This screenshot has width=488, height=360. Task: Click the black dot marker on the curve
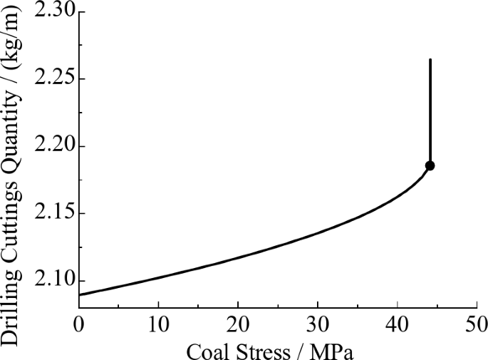click(430, 165)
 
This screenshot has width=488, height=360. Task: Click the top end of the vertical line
click(430, 60)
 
